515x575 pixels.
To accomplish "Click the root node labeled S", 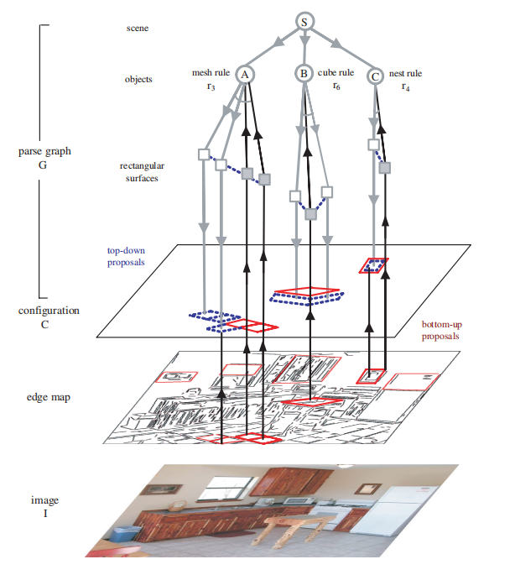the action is (x=304, y=22).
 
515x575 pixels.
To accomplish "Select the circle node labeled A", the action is (x=244, y=75).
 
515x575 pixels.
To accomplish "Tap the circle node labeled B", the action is (x=304, y=73).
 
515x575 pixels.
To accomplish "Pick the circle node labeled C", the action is (x=375, y=76).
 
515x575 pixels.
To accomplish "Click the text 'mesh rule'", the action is (x=211, y=72).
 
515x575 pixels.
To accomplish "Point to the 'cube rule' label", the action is (x=336, y=72).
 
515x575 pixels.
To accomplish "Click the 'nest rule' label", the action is (x=405, y=73).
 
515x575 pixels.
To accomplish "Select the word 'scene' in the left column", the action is (x=138, y=29).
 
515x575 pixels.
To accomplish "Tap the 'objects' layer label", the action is (x=138, y=79).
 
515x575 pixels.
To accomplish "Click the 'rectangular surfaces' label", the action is (x=142, y=172).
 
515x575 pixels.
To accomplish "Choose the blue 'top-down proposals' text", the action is (x=126, y=256).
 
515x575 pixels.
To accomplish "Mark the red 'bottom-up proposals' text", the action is (x=441, y=330).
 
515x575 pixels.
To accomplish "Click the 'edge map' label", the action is (x=49, y=397).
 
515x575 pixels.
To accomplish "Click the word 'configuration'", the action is (x=49, y=311).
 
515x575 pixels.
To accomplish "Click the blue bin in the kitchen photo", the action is (x=125, y=533).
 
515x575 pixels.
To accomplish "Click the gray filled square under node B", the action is (x=311, y=214).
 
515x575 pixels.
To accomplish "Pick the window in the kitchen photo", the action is (x=229, y=488).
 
